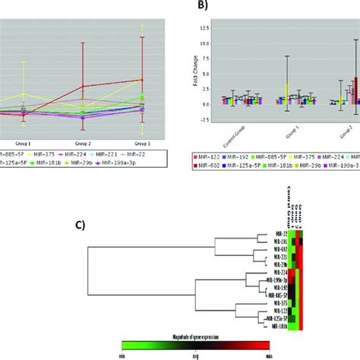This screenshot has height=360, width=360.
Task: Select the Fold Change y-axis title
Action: [x=195, y=89]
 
